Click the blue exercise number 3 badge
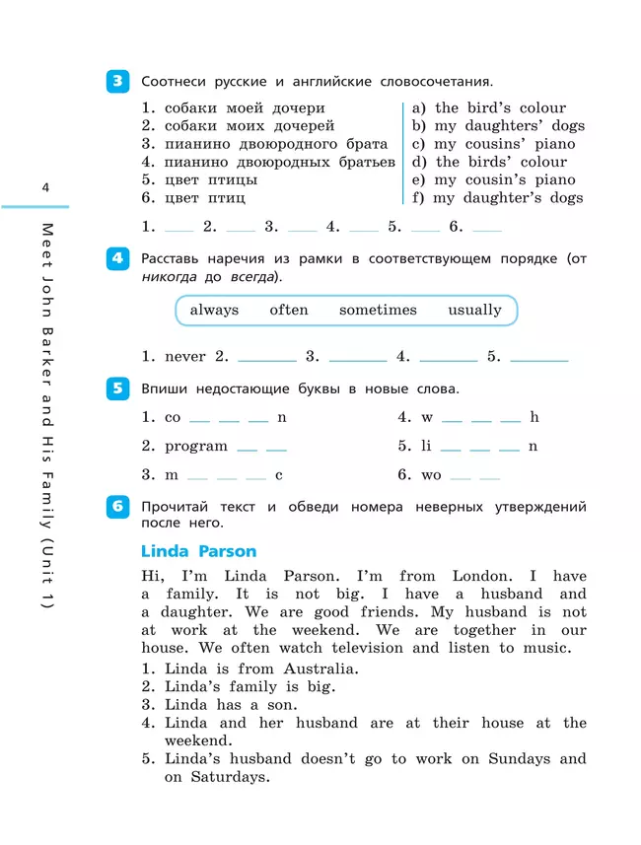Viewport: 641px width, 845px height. coord(117,82)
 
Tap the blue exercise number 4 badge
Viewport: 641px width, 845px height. coord(117,259)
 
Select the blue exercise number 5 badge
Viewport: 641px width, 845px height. coord(117,388)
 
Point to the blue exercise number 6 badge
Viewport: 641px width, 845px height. coord(117,507)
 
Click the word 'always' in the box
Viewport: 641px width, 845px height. coord(214,310)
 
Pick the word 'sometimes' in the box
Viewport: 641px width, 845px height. coord(378,310)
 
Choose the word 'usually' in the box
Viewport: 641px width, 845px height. coord(474,310)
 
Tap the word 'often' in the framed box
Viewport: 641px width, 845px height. coord(289,310)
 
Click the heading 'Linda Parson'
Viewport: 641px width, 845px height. coord(198,551)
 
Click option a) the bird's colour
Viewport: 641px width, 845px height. coord(489,108)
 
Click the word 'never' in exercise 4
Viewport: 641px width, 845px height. coord(185,357)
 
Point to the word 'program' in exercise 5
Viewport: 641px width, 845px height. coord(196,446)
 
